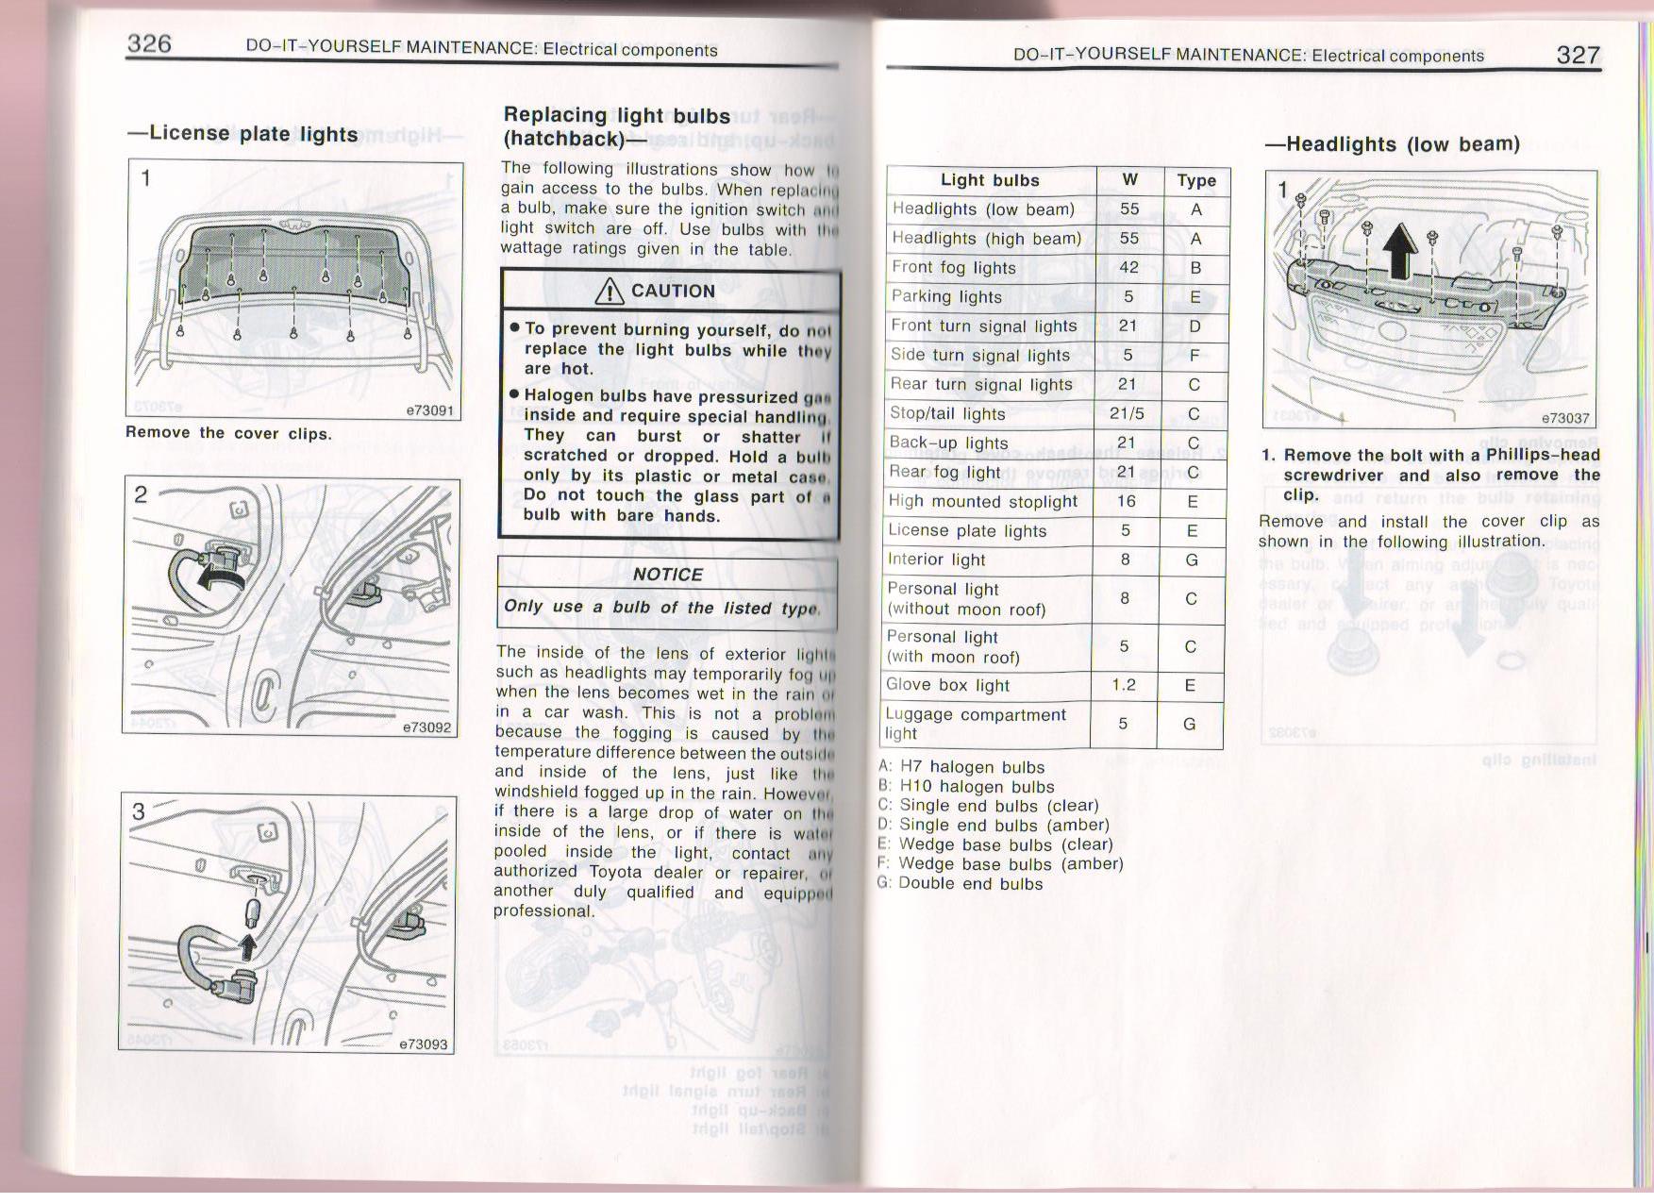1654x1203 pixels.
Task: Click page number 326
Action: (149, 43)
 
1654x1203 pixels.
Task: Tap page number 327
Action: (1578, 55)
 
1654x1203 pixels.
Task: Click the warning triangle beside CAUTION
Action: (610, 292)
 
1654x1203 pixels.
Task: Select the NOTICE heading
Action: (667, 575)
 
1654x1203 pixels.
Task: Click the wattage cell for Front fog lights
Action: (1128, 267)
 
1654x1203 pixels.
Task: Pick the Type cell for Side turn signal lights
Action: (1195, 355)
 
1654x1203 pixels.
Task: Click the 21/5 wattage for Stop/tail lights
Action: (1128, 413)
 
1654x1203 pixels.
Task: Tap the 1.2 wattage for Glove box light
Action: (1124, 684)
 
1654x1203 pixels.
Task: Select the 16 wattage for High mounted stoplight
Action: (1127, 501)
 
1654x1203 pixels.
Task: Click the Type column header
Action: (1196, 180)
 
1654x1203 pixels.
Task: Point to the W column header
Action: (1129, 179)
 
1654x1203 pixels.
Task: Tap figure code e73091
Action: (429, 410)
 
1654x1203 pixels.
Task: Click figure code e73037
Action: (1565, 418)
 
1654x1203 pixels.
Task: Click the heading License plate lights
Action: (243, 133)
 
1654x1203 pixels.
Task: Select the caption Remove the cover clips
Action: (228, 433)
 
